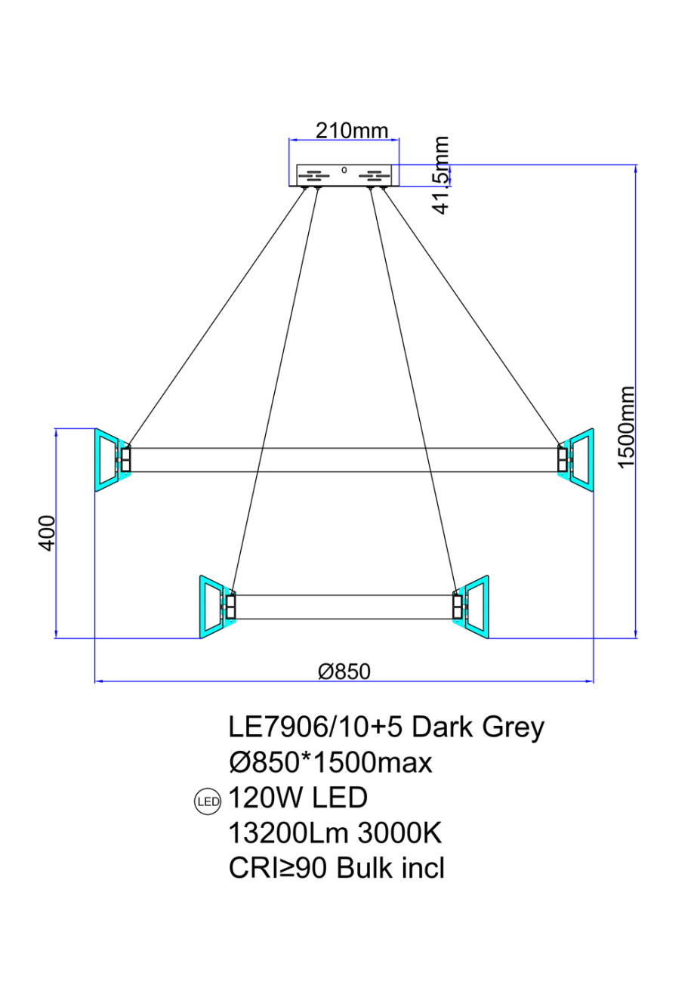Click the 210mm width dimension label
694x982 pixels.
point(351,131)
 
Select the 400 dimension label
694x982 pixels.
point(47,533)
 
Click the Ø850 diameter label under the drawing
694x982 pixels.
point(344,671)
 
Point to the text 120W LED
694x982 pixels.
point(298,798)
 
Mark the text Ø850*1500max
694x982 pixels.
point(330,763)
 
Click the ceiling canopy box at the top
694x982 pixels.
point(344,174)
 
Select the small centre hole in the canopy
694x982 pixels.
point(344,170)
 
